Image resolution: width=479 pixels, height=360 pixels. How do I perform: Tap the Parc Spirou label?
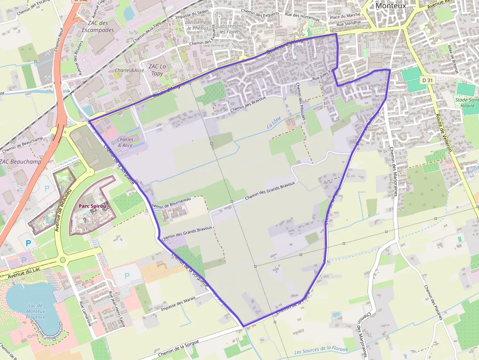pos(92,206)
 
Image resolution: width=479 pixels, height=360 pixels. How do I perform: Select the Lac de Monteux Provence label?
pos(36,311)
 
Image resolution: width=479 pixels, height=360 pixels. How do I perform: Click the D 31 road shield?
pos(427,80)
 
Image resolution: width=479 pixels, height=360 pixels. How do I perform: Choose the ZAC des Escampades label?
pos(98,26)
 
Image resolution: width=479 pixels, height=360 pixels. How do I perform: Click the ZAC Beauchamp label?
pos(21,161)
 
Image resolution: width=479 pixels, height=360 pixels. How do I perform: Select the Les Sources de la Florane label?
pos(321,350)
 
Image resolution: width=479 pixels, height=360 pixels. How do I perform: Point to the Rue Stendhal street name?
pos(348,23)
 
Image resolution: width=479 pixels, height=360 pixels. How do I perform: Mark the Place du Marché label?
pos(345,15)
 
